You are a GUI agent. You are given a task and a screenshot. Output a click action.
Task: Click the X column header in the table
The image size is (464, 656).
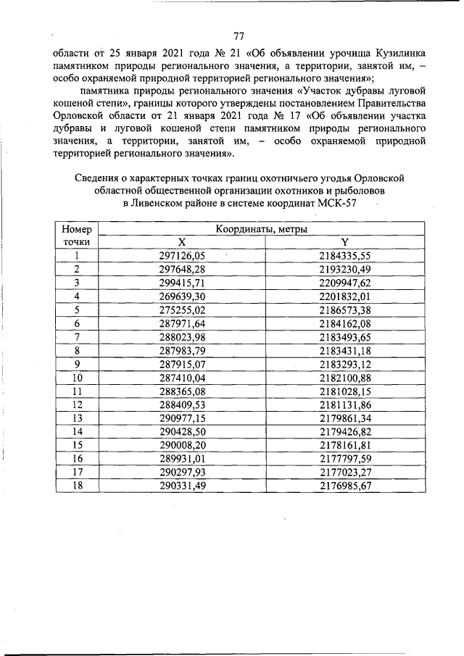(183, 241)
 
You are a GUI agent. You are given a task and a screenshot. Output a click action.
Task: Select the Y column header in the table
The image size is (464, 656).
(345, 241)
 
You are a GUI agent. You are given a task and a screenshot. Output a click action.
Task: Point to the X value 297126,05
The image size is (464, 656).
(183, 255)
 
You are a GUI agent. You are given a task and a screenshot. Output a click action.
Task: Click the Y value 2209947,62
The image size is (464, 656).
(345, 282)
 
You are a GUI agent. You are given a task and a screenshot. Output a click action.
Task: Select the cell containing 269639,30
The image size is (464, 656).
(183, 296)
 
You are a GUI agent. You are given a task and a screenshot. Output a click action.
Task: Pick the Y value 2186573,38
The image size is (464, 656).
(345, 309)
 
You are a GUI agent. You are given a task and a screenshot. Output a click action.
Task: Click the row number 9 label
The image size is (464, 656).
(76, 363)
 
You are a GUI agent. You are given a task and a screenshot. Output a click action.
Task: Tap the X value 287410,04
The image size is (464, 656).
(183, 377)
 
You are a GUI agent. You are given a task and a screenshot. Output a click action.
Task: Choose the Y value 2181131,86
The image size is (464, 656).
(345, 404)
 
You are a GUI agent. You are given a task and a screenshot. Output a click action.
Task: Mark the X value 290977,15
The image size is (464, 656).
(183, 418)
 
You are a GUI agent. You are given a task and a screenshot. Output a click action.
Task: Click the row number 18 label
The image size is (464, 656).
(76, 486)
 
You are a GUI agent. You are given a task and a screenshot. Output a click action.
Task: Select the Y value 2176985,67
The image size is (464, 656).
(345, 486)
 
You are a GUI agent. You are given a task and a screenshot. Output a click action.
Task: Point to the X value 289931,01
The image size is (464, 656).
(183, 458)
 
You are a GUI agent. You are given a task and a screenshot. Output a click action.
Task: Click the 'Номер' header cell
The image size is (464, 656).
(76, 229)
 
